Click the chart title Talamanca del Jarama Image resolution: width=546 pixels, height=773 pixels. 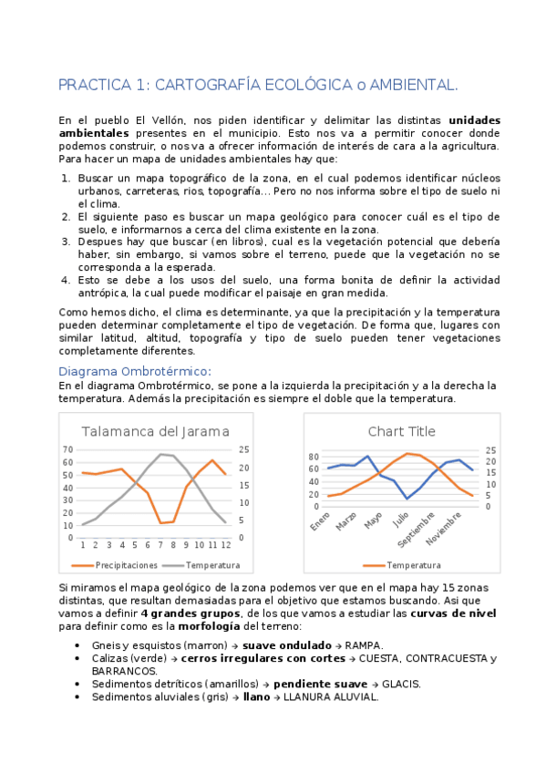coord(155,431)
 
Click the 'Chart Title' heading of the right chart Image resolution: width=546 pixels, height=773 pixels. coord(401,431)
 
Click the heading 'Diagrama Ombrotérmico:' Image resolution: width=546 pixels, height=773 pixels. coord(134,371)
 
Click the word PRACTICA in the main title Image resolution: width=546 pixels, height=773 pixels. coord(92,86)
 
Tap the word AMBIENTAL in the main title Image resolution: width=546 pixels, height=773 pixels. coord(410,86)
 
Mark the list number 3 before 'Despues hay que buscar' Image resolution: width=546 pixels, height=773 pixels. coord(66,242)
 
